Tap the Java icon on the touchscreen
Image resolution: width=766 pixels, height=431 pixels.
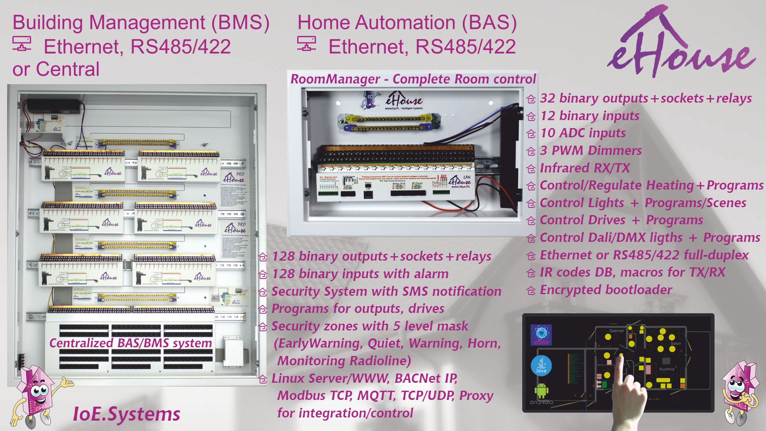click(541, 366)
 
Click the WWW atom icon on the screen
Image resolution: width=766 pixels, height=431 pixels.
click(541, 335)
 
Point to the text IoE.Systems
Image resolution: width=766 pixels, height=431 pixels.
click(126, 414)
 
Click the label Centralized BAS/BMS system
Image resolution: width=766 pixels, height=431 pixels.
click(130, 343)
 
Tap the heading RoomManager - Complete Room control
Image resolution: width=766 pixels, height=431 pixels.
click(413, 79)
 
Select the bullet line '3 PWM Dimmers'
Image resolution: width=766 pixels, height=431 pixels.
click(590, 150)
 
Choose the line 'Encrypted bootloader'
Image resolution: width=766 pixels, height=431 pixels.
click(606, 290)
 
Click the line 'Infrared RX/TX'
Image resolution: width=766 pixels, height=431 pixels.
click(584, 168)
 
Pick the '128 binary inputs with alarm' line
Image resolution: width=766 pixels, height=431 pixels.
click(360, 274)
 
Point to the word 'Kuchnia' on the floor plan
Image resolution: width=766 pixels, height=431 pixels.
click(667, 369)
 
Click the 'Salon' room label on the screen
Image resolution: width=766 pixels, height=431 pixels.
click(676, 343)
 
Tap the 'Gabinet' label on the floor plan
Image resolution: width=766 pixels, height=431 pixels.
click(616, 331)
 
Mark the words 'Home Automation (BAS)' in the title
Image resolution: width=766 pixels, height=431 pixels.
click(407, 22)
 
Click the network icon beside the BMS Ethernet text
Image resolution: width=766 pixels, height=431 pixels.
click(22, 44)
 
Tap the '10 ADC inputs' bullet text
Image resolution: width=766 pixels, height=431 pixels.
click(582, 133)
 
